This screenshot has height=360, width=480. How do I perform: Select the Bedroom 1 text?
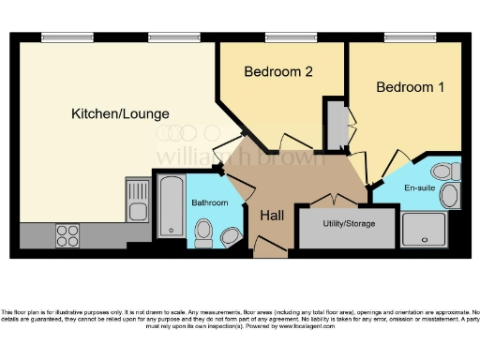coord(409,87)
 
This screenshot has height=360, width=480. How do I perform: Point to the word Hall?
coord(272,216)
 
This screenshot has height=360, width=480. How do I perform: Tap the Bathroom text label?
coord(210,203)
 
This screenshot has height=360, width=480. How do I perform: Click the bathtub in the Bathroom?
coord(172,205)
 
